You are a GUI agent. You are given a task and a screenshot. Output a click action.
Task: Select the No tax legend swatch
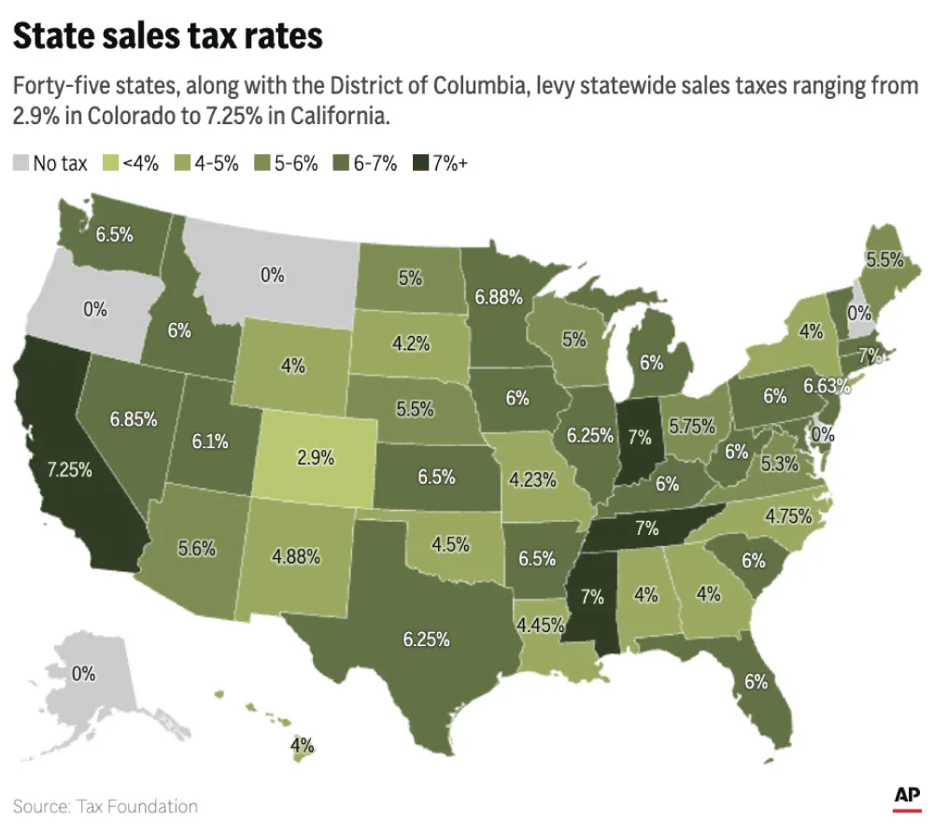[21, 163]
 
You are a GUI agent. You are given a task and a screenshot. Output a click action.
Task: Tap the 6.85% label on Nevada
[133, 419]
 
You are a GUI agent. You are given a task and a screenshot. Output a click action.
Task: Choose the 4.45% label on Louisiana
[541, 623]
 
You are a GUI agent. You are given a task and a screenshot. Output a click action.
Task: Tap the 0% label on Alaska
[84, 672]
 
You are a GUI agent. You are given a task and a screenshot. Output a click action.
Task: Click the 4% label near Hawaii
[301, 746]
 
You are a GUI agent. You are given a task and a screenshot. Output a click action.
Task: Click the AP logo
[906, 796]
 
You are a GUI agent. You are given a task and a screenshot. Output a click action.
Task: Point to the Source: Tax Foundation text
[105, 806]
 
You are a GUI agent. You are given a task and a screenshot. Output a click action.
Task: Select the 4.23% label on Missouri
[533, 481]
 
